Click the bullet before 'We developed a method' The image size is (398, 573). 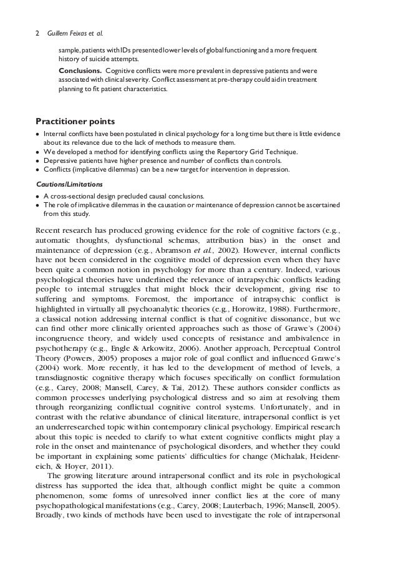[39, 152]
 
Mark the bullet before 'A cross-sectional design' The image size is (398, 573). [39, 197]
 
